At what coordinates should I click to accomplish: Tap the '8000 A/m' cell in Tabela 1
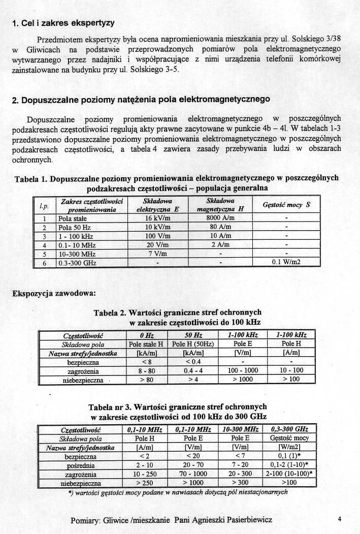213,218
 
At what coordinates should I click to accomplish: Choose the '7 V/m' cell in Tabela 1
158,254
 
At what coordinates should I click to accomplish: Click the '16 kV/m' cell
158,218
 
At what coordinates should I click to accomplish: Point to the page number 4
339,519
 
